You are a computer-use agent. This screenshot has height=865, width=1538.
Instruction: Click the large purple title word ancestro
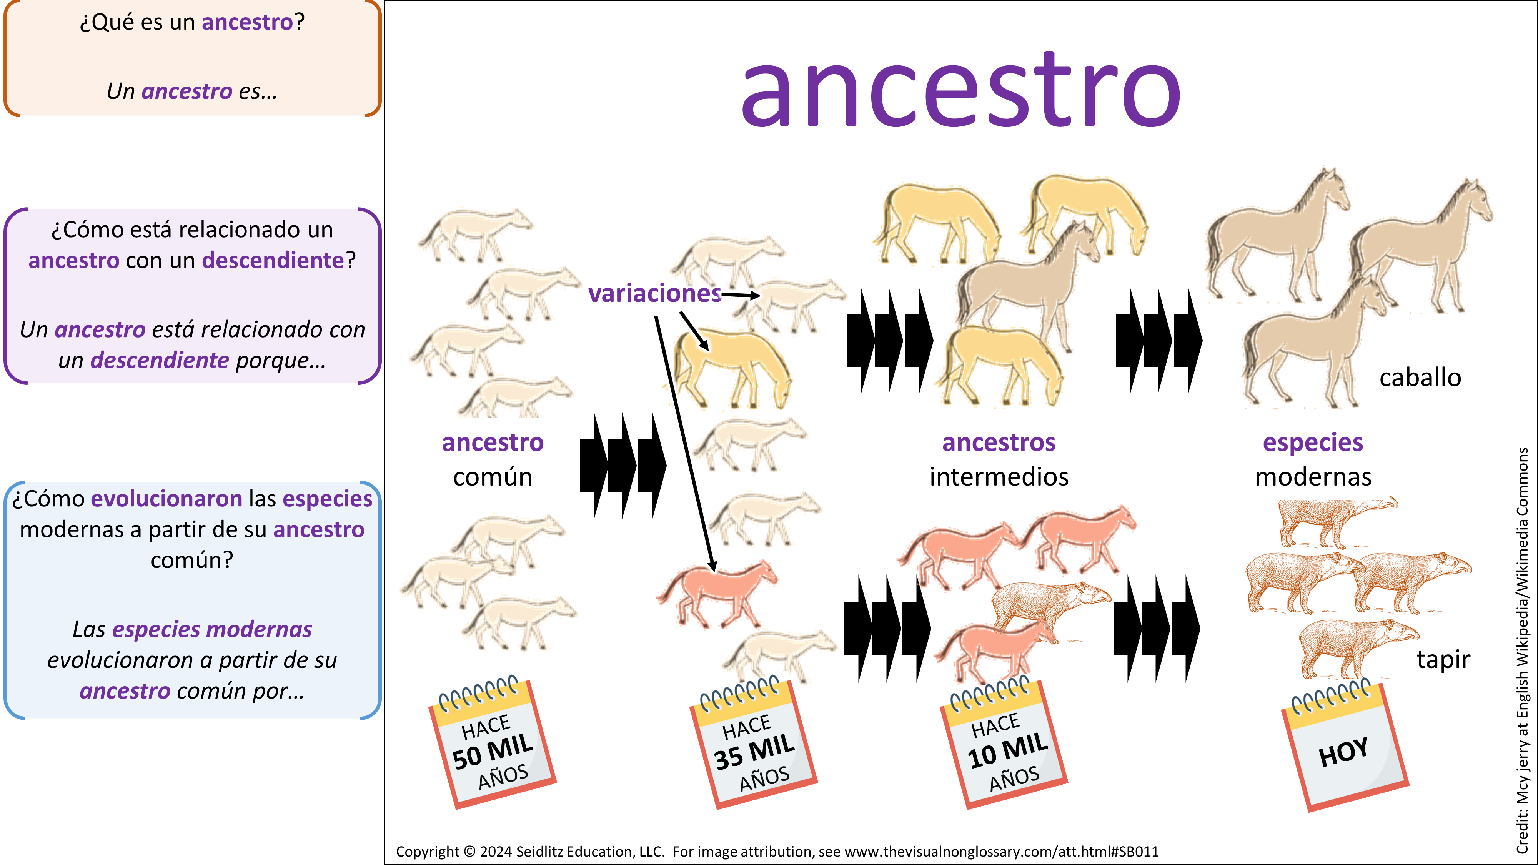(960, 90)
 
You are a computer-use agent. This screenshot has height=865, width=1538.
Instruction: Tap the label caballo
(1420, 378)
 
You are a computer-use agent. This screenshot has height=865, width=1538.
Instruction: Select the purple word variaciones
(655, 293)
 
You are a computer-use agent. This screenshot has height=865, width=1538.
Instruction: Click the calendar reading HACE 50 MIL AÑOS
(493, 743)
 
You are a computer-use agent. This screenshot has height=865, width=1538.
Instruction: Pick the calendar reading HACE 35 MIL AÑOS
(754, 743)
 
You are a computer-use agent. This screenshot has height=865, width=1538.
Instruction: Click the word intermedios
(999, 476)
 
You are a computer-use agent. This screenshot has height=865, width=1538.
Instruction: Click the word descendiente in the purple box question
(273, 260)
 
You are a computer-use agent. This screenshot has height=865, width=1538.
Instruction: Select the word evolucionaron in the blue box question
(166, 499)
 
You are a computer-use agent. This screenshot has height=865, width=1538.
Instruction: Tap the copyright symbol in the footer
(469, 851)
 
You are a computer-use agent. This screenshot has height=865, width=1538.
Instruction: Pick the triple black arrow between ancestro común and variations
(623, 466)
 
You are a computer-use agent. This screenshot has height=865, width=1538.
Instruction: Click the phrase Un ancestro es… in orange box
(191, 91)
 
